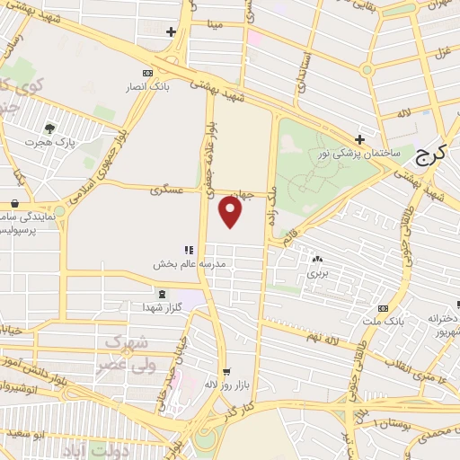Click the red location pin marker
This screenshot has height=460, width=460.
(x=231, y=211)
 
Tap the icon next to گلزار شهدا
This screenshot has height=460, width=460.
(x=162, y=294)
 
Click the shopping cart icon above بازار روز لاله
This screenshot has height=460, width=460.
(x=226, y=371)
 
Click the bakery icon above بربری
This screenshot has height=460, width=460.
(x=317, y=258)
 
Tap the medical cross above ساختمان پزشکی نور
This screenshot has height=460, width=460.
(x=359, y=139)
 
